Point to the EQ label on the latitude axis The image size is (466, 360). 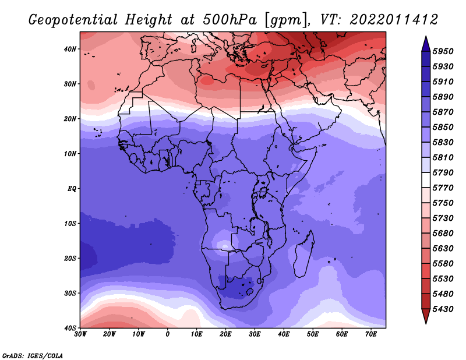72,189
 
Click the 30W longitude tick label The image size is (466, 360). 80,334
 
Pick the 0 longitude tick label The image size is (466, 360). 168,334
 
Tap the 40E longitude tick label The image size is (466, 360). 284,334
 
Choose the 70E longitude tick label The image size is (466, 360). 370,334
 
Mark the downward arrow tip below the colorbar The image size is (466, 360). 426,322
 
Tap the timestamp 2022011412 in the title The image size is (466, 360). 394,20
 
